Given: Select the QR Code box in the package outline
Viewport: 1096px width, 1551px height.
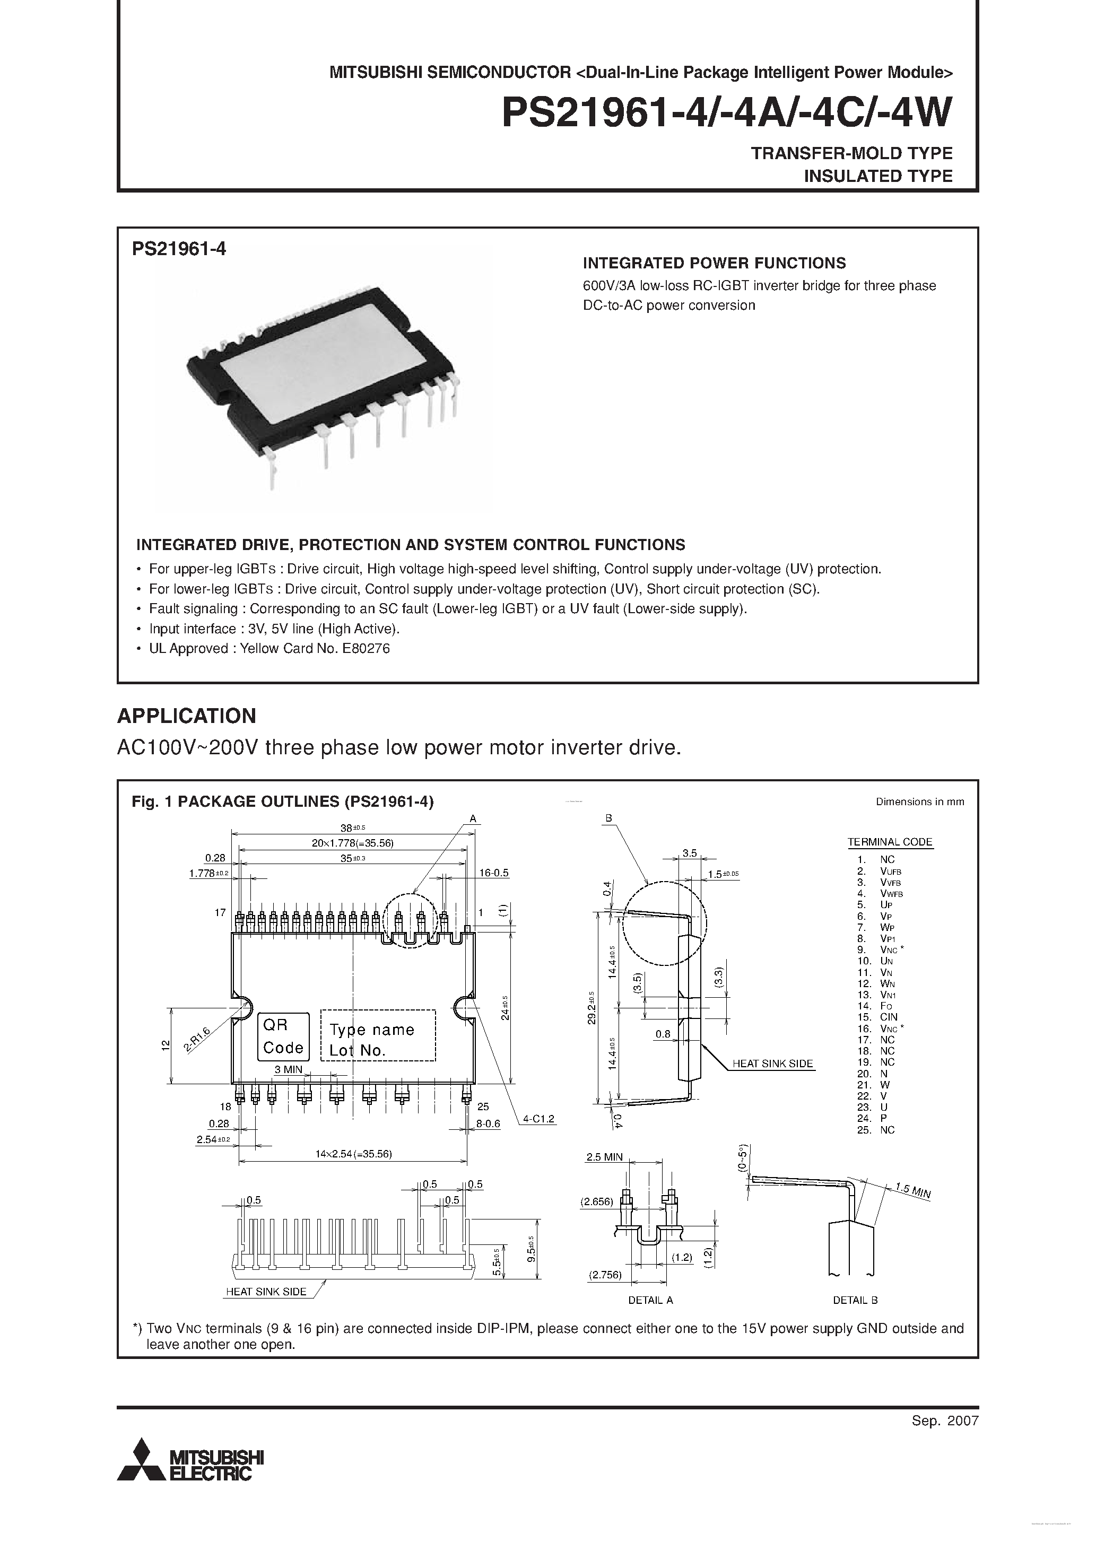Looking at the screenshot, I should [283, 1036].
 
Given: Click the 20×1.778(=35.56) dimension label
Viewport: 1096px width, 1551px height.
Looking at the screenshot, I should [353, 843].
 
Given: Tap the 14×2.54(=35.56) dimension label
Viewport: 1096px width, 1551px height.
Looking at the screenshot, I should [353, 1154].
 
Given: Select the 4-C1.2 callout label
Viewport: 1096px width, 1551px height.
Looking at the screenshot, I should [538, 1119].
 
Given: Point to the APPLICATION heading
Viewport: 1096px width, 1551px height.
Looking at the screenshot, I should [187, 716].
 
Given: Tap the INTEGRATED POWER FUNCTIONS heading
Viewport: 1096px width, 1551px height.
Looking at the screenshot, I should [714, 263].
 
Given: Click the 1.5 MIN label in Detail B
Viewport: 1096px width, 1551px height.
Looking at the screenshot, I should [913, 1190].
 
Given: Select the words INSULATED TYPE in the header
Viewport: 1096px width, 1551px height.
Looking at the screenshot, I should [878, 176].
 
